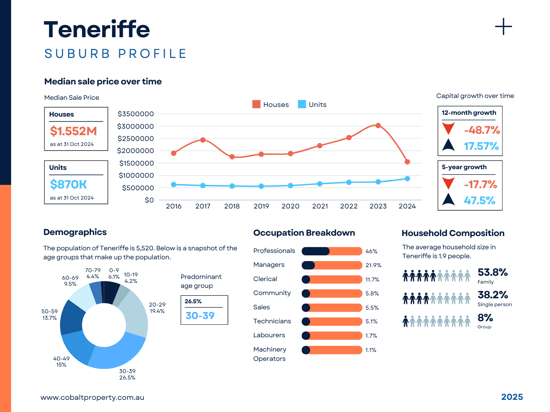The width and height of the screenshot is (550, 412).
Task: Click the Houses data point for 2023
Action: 378,126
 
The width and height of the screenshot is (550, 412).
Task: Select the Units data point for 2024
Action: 407,178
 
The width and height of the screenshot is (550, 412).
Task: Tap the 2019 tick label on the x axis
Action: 261,206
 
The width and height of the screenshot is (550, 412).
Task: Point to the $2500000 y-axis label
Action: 136,138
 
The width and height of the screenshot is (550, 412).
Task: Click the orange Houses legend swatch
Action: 256,104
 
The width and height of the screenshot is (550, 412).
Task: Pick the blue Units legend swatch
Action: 302,104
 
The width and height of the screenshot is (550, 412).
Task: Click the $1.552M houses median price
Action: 73,131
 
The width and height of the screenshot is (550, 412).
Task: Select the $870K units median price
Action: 68,185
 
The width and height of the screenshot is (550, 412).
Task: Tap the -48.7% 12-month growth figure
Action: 482,130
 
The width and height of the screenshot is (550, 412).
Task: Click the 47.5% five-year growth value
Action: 479,200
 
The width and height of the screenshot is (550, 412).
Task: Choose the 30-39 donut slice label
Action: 127,374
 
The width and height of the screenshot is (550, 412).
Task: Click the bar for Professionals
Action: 332,251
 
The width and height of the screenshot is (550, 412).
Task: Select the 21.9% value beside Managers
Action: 373,265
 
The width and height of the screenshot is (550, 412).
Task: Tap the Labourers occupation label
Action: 269,335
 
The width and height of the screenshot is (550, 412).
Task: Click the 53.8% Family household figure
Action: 493,273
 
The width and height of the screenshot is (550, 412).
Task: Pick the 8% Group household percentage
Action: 485,318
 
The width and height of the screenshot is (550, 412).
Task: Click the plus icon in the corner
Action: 503,27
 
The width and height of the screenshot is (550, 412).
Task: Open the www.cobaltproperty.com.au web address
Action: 92,397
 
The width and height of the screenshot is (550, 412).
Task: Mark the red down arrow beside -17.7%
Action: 448,183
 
